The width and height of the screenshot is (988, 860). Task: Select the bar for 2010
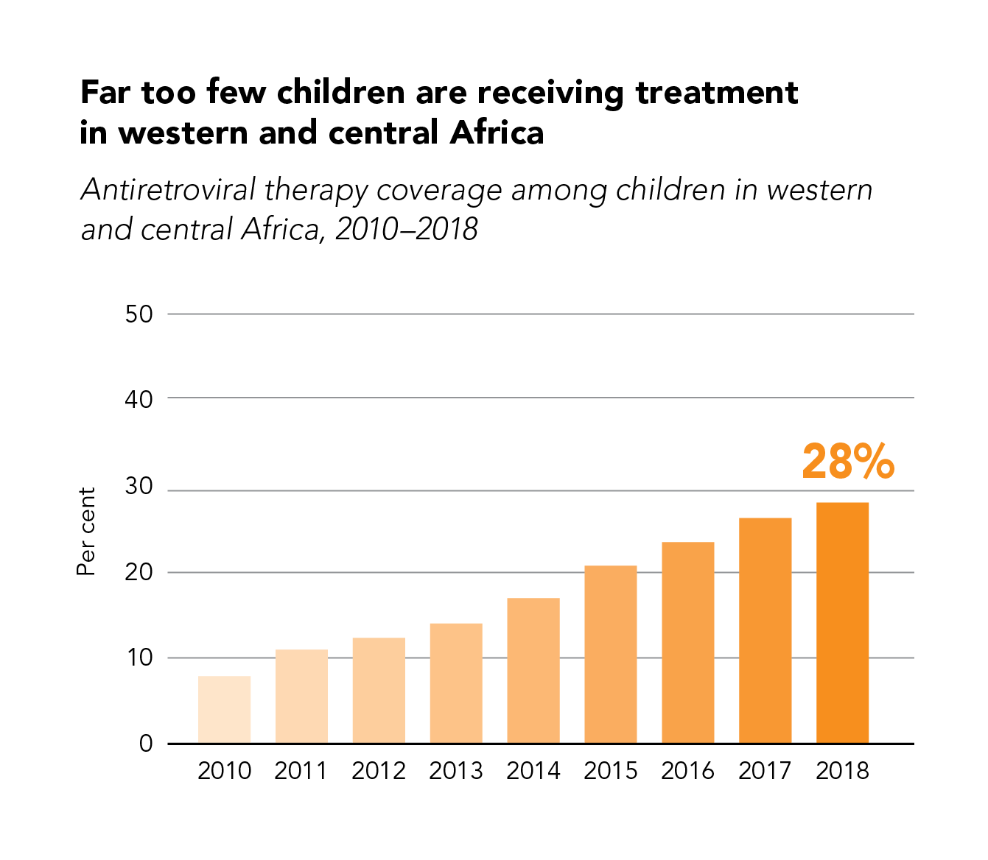pos(224,709)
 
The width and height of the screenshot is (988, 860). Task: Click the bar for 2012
pos(379,690)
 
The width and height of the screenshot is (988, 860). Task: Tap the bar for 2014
pos(533,670)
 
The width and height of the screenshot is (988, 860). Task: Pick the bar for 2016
pos(688,642)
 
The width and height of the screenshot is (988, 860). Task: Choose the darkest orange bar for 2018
pos(842,622)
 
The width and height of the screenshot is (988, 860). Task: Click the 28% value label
pos(848,462)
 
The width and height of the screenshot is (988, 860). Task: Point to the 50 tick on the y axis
pos(139,314)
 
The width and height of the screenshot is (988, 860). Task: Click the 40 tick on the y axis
pos(139,399)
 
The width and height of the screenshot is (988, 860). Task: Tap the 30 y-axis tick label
pos(139,486)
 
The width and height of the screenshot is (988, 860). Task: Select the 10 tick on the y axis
pos(139,658)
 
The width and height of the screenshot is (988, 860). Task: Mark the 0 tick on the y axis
pos(146,744)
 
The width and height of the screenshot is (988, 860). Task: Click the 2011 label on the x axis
pos(301,771)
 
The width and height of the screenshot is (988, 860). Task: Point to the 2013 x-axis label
pos(455,771)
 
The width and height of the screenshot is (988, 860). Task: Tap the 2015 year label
pos(610,771)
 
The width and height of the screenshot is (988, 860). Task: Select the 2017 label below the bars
pos(765,771)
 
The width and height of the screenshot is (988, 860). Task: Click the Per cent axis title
pos(87,531)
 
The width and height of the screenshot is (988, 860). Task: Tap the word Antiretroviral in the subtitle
pos(168,190)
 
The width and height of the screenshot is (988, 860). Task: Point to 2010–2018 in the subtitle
pos(407,229)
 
